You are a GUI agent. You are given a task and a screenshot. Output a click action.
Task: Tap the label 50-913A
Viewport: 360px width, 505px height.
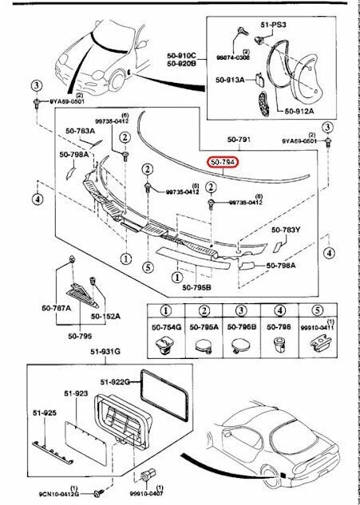click(x=231, y=80)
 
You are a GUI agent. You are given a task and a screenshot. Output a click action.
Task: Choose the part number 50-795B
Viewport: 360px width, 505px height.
click(x=196, y=288)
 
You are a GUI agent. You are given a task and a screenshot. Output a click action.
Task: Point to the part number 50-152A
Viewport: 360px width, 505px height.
click(x=106, y=317)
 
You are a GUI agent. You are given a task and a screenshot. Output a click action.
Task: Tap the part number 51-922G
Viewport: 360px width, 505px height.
click(x=115, y=381)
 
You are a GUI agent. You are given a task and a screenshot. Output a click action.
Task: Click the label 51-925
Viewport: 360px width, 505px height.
click(x=43, y=412)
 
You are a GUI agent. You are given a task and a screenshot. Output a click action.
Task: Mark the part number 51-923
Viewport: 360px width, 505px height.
click(x=76, y=393)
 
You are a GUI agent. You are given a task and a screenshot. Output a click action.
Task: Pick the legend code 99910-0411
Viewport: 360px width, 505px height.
click(x=317, y=327)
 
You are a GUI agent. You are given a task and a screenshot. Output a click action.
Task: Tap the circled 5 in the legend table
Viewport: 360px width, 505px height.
click(x=317, y=311)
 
